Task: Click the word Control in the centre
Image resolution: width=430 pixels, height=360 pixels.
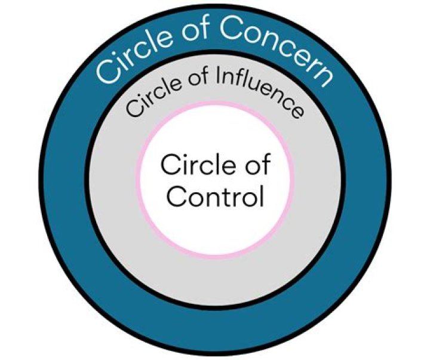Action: (x=215, y=196)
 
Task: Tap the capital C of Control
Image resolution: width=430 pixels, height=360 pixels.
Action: (x=176, y=196)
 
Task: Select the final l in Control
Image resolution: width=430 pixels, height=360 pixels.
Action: (x=260, y=195)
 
